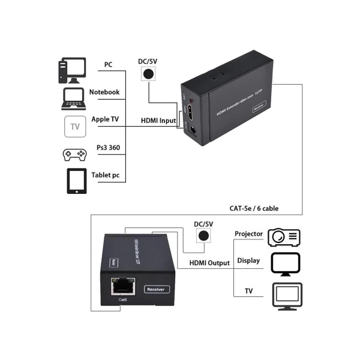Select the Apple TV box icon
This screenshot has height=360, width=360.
pyautogui.click(x=74, y=127)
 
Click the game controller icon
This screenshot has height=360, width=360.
pyautogui.click(x=74, y=154)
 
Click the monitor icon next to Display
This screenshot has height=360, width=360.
pyautogui.click(x=286, y=263)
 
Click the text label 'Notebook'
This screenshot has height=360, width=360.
pyautogui.click(x=104, y=92)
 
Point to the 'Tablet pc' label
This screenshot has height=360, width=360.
pyautogui.click(x=106, y=175)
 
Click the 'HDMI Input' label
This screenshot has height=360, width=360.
pyautogui.click(x=158, y=121)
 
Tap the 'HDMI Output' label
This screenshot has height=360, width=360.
pyautogui.click(x=209, y=263)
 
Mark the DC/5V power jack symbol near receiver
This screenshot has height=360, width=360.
pyautogui.click(x=205, y=236)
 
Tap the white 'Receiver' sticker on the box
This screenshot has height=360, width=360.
pyautogui.click(x=157, y=289)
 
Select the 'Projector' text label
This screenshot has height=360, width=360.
pyautogui.click(x=248, y=234)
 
